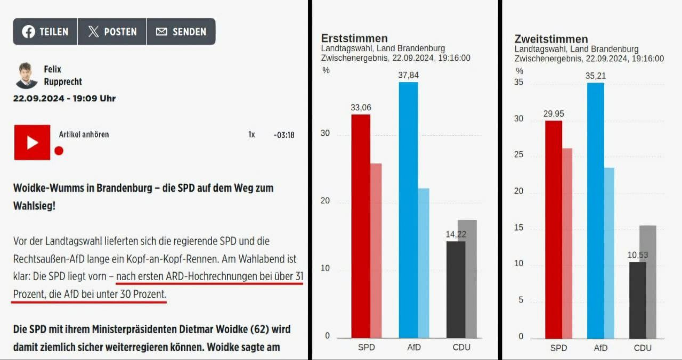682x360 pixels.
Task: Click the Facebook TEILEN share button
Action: pyautogui.click(x=45, y=32)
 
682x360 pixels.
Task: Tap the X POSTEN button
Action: pyautogui.click(x=112, y=32)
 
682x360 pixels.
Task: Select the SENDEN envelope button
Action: pyautogui.click(x=181, y=32)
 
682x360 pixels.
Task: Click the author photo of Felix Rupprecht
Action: pyautogui.click(x=26, y=76)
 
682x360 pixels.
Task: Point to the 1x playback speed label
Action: pyautogui.click(x=251, y=135)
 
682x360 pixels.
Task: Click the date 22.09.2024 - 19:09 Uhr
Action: pyautogui.click(x=64, y=99)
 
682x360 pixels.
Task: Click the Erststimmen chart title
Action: pyautogui.click(x=354, y=38)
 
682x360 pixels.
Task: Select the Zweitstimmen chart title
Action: pyautogui.click(x=551, y=39)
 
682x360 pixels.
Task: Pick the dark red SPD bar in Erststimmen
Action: pyautogui.click(x=361, y=226)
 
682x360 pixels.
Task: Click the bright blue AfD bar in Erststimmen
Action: pyautogui.click(x=408, y=210)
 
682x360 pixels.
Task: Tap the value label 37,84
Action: pyautogui.click(x=408, y=75)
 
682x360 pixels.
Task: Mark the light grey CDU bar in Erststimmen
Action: pyautogui.click(x=467, y=279)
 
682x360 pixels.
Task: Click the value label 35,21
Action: pyautogui.click(x=595, y=76)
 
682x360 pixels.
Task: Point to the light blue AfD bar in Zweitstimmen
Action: pyautogui.click(x=609, y=253)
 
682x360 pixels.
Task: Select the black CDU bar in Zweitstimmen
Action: pyautogui.click(x=637, y=300)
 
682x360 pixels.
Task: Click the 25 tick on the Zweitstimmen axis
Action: pyautogui.click(x=518, y=155)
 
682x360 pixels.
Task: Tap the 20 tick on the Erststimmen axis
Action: pyautogui.click(x=325, y=201)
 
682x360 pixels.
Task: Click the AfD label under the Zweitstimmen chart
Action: pyautogui.click(x=600, y=348)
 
